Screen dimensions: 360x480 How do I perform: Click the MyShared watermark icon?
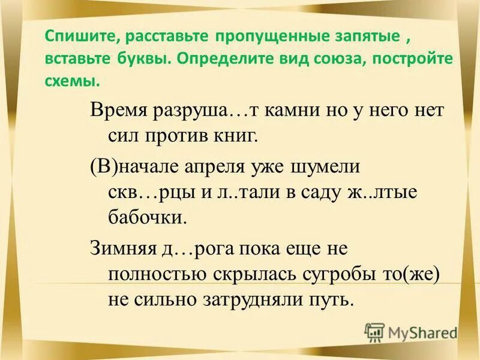(x=374, y=331)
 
